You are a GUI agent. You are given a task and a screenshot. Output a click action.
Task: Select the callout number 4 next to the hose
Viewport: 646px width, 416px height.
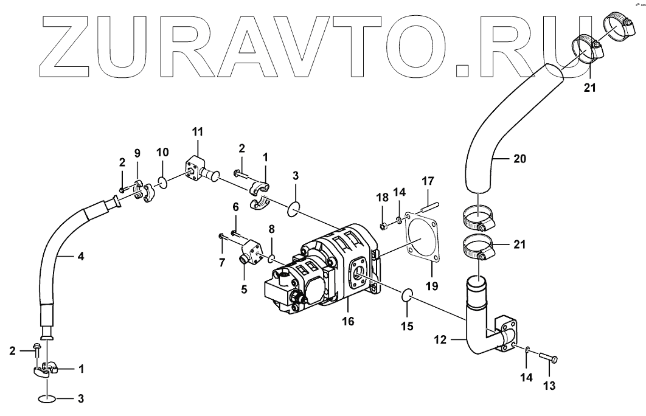(x=81, y=257)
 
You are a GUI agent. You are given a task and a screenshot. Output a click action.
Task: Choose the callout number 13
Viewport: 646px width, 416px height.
(x=549, y=385)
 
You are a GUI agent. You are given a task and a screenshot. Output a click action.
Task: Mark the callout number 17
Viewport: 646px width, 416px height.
(x=428, y=181)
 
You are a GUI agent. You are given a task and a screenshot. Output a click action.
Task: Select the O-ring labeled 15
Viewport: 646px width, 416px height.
(x=407, y=295)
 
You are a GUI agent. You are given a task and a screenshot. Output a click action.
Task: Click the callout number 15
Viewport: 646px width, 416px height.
(x=406, y=326)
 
